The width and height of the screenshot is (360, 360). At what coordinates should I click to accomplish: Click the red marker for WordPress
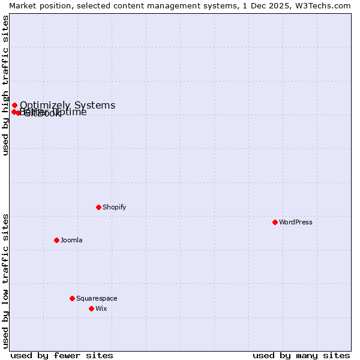(x=275, y=222)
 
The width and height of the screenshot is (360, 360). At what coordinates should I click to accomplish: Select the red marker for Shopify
(x=98, y=207)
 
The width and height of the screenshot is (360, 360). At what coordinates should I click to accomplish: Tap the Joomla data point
(x=56, y=240)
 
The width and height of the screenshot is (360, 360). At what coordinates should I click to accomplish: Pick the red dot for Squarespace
(x=72, y=298)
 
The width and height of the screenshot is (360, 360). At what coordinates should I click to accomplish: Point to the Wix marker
(x=91, y=308)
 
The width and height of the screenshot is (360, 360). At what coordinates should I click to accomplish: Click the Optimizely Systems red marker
(x=14, y=106)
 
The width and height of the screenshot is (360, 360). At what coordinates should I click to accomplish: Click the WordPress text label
(x=296, y=222)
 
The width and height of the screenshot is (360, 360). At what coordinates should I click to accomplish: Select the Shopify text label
(x=114, y=207)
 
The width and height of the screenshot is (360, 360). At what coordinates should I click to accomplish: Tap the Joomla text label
(x=71, y=240)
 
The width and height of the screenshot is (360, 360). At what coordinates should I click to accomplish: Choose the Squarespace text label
(x=97, y=298)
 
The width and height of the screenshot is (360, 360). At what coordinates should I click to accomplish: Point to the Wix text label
(x=101, y=308)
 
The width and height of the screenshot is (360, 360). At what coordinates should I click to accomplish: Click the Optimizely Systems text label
(x=67, y=106)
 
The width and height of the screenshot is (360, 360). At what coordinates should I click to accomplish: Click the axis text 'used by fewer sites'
(x=62, y=356)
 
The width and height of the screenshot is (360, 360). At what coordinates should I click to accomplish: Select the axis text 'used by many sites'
(x=301, y=356)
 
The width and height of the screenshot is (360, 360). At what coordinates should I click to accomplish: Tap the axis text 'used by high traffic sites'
(x=5, y=85)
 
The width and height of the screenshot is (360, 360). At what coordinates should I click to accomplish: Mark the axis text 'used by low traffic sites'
(x=5, y=281)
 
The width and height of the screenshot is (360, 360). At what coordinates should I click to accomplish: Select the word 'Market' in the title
(x=23, y=5)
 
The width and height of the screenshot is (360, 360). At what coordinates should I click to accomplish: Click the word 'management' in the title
(x=178, y=5)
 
